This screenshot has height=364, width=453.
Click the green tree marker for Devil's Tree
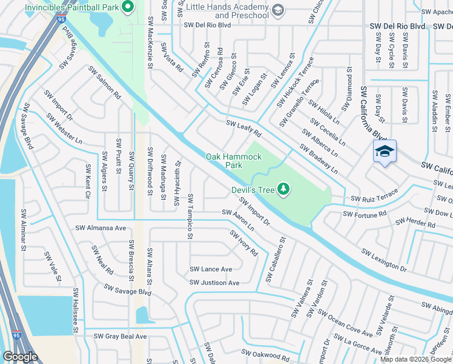pos(283,190)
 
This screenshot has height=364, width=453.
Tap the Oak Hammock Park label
pos(234,161)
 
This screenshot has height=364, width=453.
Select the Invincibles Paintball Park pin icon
pos(127,8)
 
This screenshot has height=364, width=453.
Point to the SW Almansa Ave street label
pos(101,229)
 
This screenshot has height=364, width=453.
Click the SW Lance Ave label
pos(211,269)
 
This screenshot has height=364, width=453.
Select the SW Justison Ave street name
pos(214,283)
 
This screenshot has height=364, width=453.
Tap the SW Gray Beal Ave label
pos(120,336)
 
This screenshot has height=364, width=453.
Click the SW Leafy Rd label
pos(243,128)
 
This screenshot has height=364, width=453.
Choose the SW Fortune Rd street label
pos(365,214)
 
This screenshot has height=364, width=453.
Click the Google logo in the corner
pos(21,357)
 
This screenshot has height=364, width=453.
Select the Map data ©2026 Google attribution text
pos(416,359)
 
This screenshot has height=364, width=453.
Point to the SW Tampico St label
pos(190,216)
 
